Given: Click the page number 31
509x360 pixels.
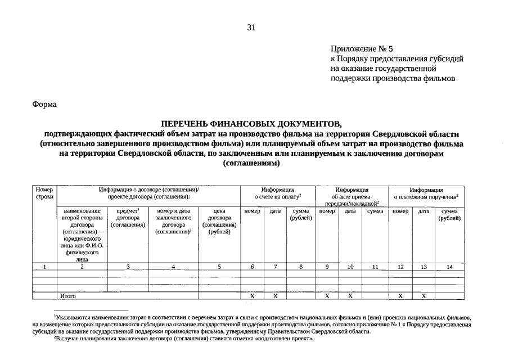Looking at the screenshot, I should pyautogui.click(x=251, y=27).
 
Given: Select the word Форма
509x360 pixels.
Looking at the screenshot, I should pyautogui.click(x=44, y=104).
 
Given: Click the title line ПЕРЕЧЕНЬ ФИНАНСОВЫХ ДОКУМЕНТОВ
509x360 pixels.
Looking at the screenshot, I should pyautogui.click(x=251, y=123).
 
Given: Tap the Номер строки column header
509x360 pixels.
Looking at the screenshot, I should pyautogui.click(x=44, y=193).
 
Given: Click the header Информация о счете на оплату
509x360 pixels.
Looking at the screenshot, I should pyautogui.click(x=278, y=193).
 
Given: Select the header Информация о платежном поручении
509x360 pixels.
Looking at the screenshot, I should pyautogui.click(x=426, y=193).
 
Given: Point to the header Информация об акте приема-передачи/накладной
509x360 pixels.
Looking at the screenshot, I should pyautogui.click(x=352, y=197).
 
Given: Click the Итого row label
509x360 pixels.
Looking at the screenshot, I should pyautogui.click(x=68, y=295).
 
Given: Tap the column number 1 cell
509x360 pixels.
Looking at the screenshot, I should pyautogui.click(x=44, y=267).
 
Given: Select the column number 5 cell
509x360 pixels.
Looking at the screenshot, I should pyautogui.click(x=220, y=267).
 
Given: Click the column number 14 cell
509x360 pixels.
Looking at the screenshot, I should pyautogui.click(x=449, y=267).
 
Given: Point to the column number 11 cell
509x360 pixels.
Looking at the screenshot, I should pyautogui.click(x=375, y=267).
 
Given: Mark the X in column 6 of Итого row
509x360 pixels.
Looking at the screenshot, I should pyautogui.click(x=252, y=295).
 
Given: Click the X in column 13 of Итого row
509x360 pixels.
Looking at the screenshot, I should pyautogui.click(x=424, y=295).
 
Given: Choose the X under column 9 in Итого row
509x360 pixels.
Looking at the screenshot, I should pyautogui.click(x=327, y=295).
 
